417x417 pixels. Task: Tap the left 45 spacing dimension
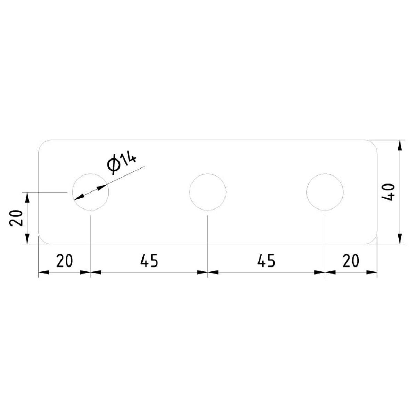[149, 261]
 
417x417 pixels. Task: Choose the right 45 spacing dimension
[267, 261]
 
